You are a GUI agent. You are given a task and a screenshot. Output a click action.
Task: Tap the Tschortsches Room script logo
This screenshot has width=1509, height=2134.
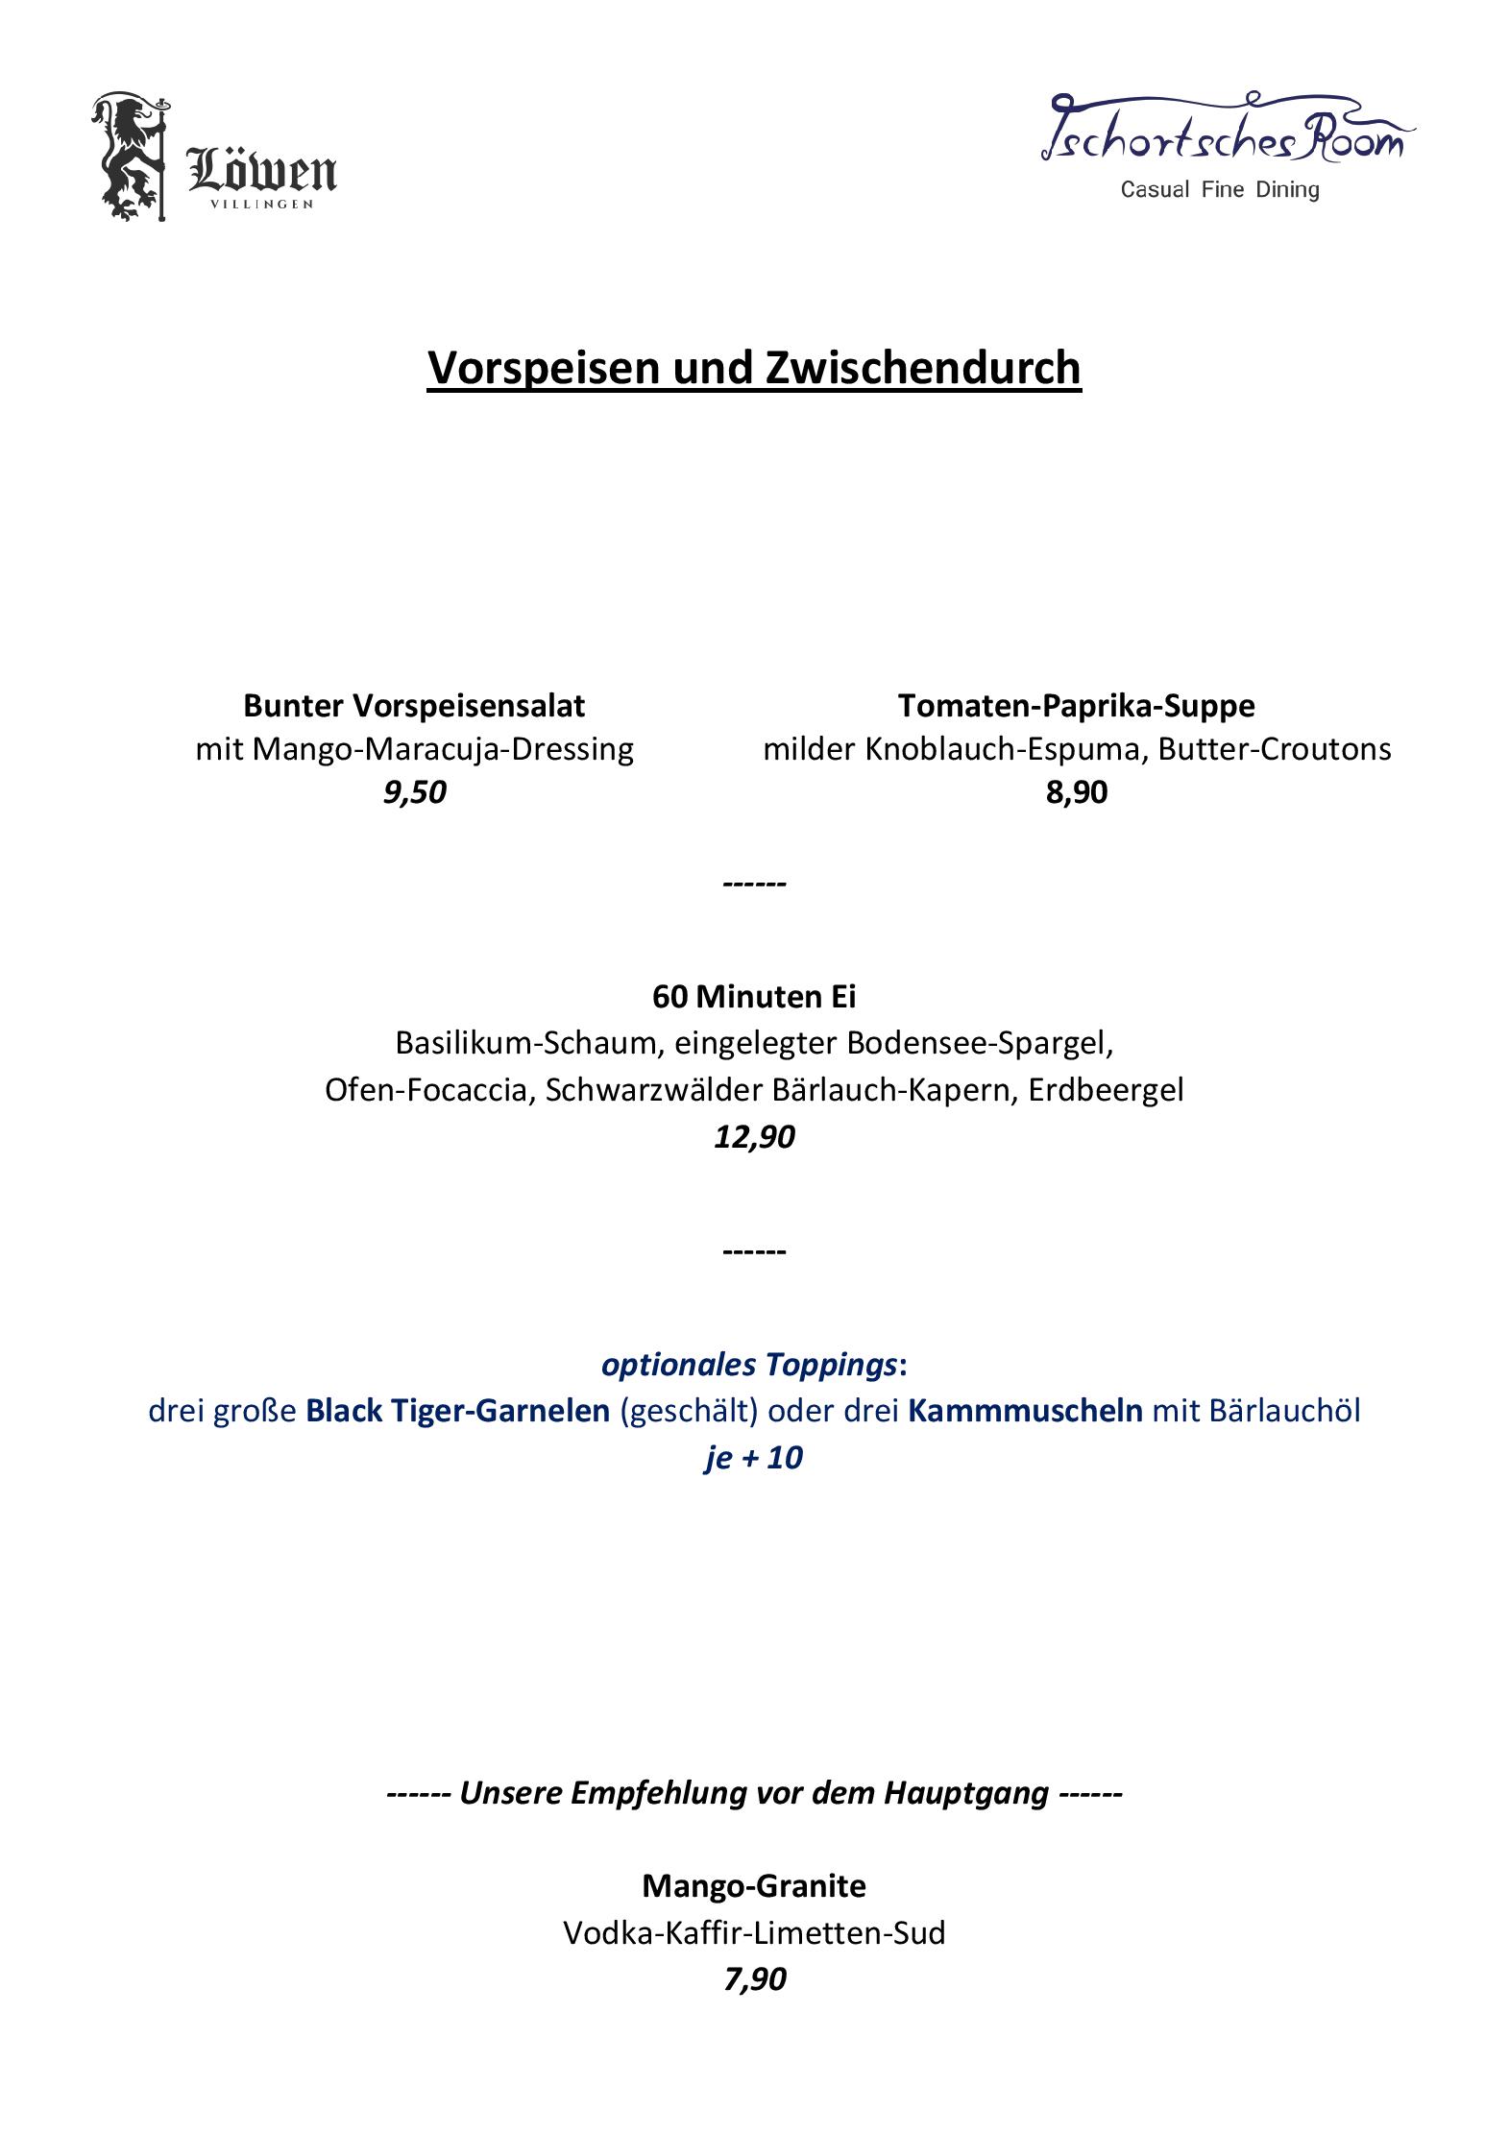coord(1227,132)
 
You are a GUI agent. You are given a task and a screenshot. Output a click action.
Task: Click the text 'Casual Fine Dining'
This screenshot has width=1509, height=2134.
coord(1220,189)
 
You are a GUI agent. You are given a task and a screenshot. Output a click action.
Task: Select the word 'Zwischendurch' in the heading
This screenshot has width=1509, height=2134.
coord(923,368)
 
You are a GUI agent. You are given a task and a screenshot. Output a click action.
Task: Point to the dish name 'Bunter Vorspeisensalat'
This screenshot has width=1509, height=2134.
coord(414,706)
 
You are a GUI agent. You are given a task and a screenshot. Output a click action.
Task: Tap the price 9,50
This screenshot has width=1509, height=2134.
coord(415,792)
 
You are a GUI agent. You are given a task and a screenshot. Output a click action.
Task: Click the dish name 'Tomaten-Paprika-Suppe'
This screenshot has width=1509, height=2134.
coord(1077,706)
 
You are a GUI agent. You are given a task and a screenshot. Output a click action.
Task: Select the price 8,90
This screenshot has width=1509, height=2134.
coord(1077,792)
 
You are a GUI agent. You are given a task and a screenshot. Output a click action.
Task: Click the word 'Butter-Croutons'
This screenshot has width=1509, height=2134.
coord(1275,749)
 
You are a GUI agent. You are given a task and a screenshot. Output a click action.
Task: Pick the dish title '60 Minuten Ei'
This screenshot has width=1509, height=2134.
coord(754,997)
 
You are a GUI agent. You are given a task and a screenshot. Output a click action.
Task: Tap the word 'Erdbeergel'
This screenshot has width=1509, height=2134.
coord(1106,1090)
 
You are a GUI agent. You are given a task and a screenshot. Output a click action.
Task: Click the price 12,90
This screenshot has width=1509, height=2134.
coord(754,1137)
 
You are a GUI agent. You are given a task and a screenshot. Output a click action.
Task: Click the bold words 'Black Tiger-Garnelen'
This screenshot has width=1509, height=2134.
coord(458,1411)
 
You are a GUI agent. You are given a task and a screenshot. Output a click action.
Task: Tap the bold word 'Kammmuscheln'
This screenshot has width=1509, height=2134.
coord(1025,1411)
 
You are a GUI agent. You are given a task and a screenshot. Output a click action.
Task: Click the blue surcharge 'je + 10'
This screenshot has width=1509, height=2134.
coord(754,1458)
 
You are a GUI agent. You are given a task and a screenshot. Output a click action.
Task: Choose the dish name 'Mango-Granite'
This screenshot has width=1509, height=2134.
coord(754,1885)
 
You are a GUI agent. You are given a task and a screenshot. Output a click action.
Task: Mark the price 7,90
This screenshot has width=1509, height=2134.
coord(755,1978)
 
